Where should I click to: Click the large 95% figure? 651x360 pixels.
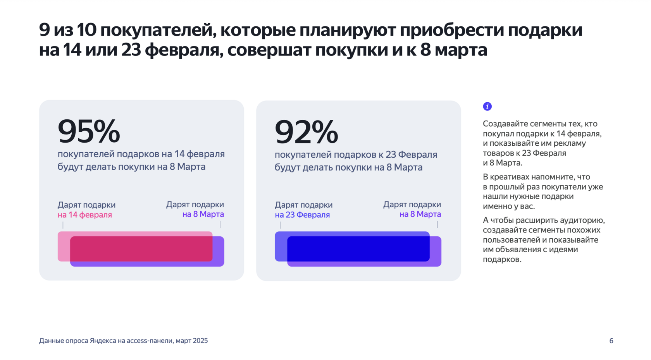click(x=89, y=131)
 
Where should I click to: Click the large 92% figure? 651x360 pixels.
click(x=306, y=132)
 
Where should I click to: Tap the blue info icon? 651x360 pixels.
click(x=487, y=107)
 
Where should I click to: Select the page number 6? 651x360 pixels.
click(x=611, y=341)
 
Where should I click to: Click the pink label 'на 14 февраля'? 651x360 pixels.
click(x=84, y=215)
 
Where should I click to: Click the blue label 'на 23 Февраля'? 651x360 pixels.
click(x=302, y=215)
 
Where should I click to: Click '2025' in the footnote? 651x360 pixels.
click(x=200, y=341)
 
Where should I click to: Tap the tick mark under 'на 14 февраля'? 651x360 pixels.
click(x=63, y=225)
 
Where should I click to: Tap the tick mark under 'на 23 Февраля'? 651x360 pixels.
click(x=280, y=225)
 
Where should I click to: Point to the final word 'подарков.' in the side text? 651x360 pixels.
click(x=502, y=259)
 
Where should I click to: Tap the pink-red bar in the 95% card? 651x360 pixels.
click(x=141, y=248)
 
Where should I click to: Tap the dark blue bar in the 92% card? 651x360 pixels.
click(x=358, y=248)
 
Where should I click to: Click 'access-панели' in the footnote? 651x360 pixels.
click(x=149, y=341)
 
